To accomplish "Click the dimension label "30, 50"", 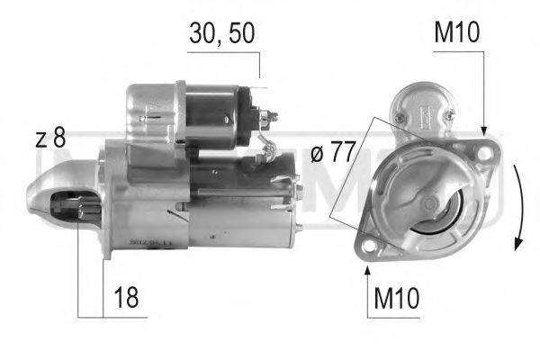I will [221, 33].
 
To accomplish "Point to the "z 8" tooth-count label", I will [50, 139].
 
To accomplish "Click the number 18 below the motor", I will [126, 299].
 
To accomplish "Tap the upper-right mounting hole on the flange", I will [485, 153].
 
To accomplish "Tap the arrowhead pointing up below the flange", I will [367, 266].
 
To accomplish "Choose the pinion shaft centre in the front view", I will [429, 203].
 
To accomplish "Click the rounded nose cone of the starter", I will [40, 189].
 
